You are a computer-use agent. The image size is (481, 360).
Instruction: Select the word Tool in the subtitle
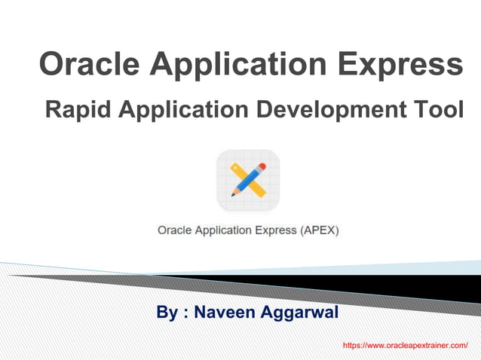pyautogui.click(x=441, y=110)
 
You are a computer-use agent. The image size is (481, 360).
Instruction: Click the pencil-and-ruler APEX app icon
pyautogui.click(x=248, y=181)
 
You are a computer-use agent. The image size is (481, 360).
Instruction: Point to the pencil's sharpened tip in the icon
pyautogui.click(x=234, y=194)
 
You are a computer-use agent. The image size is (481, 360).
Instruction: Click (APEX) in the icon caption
pyautogui.click(x=320, y=230)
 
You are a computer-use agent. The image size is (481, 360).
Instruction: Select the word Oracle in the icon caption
pyautogui.click(x=174, y=230)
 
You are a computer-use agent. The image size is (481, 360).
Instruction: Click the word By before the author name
pyautogui.click(x=167, y=312)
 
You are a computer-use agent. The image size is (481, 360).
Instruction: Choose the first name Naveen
pyautogui.click(x=219, y=312)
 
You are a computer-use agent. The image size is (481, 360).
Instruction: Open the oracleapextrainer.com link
pyautogui.click(x=405, y=344)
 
